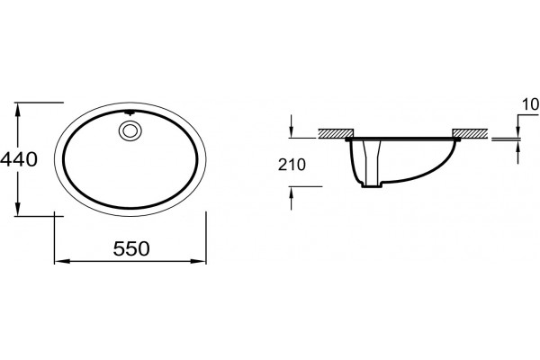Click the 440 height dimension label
[19, 159]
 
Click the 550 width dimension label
[131, 248]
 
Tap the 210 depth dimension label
[292, 165]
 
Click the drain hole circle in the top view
[130, 130]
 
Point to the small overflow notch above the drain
[130, 112]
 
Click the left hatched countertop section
[336, 133]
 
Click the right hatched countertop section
[470, 133]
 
